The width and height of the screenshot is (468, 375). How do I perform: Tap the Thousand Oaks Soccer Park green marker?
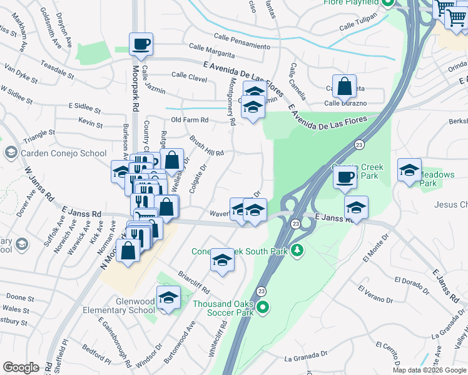pos(263,306)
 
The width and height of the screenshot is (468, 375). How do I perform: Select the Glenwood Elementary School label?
pos(128,306)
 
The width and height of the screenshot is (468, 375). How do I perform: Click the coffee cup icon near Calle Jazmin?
pos(141,44)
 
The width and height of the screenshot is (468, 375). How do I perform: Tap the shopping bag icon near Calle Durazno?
pos(344,86)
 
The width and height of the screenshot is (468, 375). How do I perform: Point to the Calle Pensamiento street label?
pos(242,42)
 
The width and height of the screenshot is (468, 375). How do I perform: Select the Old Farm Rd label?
pos(190,119)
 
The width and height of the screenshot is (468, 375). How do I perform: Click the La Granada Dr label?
pos(307,359)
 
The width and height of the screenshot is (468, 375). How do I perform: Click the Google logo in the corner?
pos(21,367)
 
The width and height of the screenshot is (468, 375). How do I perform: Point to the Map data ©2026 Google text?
pos(429,370)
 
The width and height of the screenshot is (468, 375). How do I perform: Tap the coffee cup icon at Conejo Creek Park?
pos(344,177)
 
